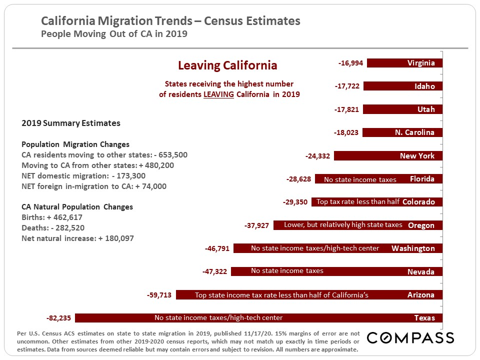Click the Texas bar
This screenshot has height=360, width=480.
(258, 318)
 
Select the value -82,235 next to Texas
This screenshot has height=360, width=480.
(58, 318)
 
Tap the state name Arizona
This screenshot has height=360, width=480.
(421, 295)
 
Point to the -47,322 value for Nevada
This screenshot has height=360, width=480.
(214, 271)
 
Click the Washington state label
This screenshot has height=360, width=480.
(413, 248)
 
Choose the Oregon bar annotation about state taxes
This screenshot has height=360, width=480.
(343, 225)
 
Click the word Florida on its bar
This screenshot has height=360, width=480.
(422, 179)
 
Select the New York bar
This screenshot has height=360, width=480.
(388, 156)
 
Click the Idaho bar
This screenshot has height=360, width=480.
(402, 86)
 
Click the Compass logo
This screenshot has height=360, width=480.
(410, 338)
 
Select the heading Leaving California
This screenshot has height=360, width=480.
(227, 65)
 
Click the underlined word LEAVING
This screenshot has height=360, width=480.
(218, 94)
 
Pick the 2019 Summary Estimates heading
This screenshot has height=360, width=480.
(70, 123)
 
